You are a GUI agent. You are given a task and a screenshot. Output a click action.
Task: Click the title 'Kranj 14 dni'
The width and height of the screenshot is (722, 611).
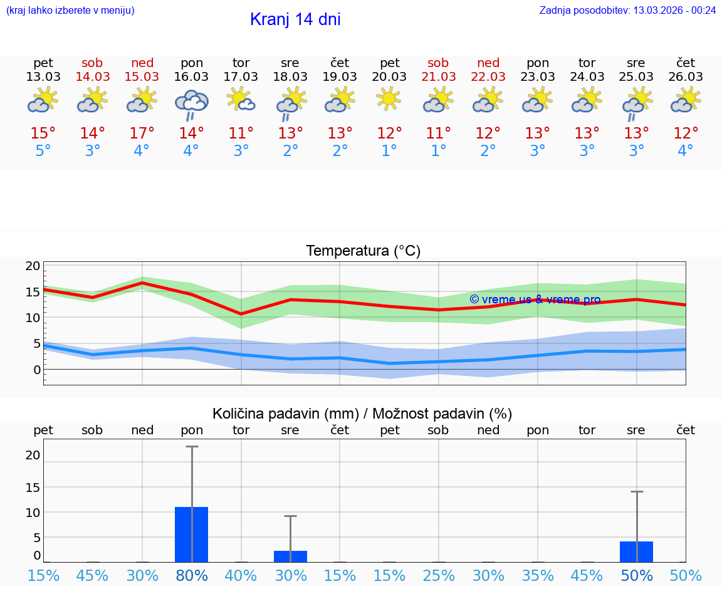[295, 19]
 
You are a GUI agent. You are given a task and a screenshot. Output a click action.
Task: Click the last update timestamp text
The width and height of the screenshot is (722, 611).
[627, 10]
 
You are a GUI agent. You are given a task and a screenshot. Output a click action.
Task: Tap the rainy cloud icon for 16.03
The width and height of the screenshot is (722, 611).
[191, 103]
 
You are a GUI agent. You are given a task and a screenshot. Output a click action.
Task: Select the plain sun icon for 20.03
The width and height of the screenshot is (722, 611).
[389, 99]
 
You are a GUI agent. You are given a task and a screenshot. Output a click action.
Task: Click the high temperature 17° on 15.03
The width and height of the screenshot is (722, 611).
[142, 133]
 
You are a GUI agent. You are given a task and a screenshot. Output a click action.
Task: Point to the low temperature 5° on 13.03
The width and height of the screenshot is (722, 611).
[43, 151]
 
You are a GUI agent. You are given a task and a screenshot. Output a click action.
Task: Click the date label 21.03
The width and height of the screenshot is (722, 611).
[439, 77]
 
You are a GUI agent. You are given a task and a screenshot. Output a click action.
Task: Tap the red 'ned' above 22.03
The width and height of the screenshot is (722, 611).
[488, 63]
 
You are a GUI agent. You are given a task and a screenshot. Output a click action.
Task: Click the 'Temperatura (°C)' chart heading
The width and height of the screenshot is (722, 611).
[363, 251]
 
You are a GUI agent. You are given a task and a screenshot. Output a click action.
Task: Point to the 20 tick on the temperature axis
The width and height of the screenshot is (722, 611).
[33, 266]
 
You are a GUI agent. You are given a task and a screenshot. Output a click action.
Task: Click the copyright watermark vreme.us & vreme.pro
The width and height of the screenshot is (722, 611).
[535, 300]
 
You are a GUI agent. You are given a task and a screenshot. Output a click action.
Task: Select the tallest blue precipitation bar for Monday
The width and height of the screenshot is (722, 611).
[191, 534]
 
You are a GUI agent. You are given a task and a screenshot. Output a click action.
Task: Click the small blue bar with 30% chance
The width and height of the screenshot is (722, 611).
[290, 556]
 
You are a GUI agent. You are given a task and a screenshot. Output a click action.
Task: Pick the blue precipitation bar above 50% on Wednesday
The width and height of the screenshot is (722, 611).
[636, 551]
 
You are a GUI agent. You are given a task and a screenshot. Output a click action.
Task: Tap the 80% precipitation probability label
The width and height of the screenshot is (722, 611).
[192, 575]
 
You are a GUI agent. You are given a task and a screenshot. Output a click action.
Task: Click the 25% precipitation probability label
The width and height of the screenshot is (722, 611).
[439, 575]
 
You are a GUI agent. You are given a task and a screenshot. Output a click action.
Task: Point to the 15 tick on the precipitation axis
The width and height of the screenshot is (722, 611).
[33, 487]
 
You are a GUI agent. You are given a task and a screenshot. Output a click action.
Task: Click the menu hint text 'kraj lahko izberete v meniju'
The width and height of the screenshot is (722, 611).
[70, 10]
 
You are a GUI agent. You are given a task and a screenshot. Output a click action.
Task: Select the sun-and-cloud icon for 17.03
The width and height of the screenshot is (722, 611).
[241, 99]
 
